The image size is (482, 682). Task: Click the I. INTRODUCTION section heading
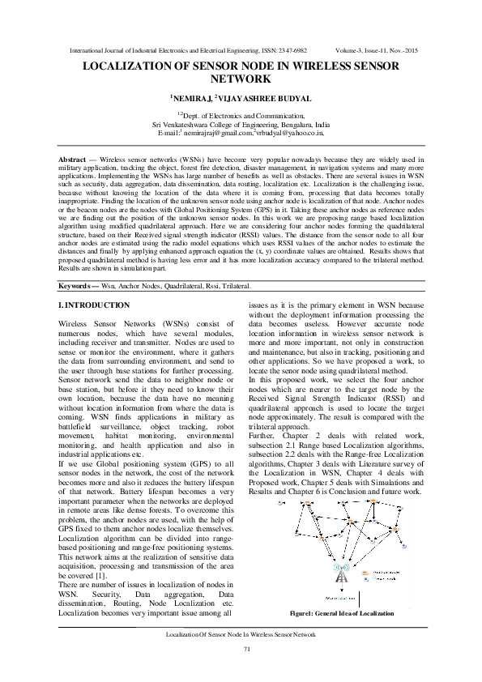click(x=94, y=305)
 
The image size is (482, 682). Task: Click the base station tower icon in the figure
click(x=341, y=575)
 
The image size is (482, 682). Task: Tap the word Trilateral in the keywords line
click(x=236, y=287)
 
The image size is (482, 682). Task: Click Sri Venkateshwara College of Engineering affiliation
click(x=241, y=124)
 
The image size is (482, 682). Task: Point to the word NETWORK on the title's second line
click(x=241, y=80)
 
